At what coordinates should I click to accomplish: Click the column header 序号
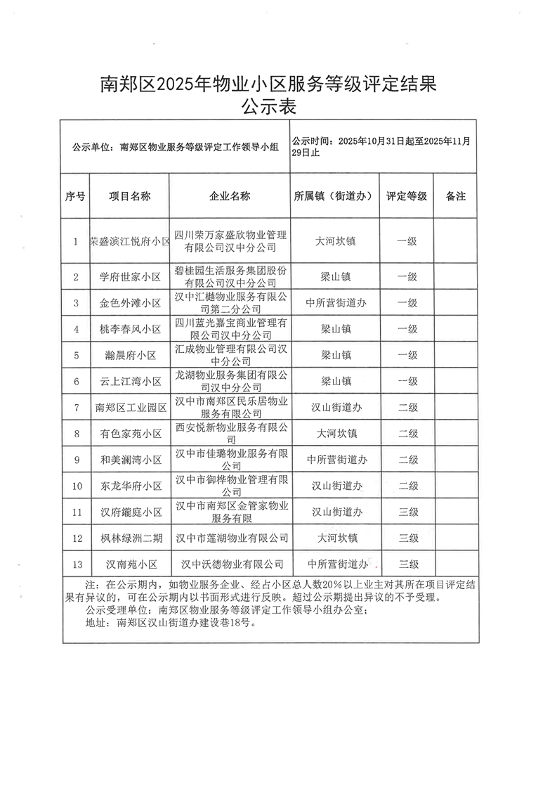pyautogui.click(x=75, y=197)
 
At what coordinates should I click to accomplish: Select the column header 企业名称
pyautogui.click(x=230, y=197)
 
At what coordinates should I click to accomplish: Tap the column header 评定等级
pyautogui.click(x=407, y=197)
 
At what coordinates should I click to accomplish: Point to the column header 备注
pyautogui.click(x=456, y=197)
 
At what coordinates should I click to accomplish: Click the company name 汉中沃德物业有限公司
pyautogui.click(x=232, y=564)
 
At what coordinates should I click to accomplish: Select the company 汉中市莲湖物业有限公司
pyautogui.click(x=232, y=538)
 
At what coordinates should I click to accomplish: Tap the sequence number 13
pyautogui.click(x=75, y=564)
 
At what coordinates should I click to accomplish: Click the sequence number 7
pyautogui.click(x=75, y=408)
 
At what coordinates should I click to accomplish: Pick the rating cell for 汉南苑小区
pyautogui.click(x=408, y=564)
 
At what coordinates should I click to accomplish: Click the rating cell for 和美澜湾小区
pyautogui.click(x=408, y=460)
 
